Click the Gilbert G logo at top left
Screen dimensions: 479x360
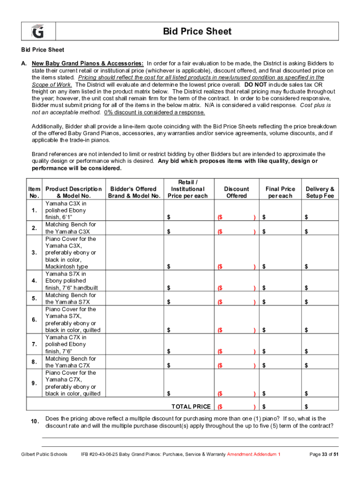coord(37,32)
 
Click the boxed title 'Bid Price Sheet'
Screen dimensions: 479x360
coord(197,32)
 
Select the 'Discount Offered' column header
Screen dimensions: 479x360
coord(236,192)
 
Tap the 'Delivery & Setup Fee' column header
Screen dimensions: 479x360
coord(320,192)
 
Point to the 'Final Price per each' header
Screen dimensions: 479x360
coord(280,192)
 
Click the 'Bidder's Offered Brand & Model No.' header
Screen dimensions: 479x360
coord(134,192)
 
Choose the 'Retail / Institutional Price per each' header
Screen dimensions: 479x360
coord(187,189)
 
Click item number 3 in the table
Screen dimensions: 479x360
coord(34,253)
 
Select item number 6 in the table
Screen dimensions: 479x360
coord(34,320)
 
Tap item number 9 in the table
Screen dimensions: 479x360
coord(34,383)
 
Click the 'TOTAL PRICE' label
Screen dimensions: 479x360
coord(191,406)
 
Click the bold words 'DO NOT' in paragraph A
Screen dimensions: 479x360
coord(255,85)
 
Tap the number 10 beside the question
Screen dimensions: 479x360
coord(34,422)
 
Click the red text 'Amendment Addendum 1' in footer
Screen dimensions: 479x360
coord(254,454)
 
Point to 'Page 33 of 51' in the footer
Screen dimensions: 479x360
coord(324,454)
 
